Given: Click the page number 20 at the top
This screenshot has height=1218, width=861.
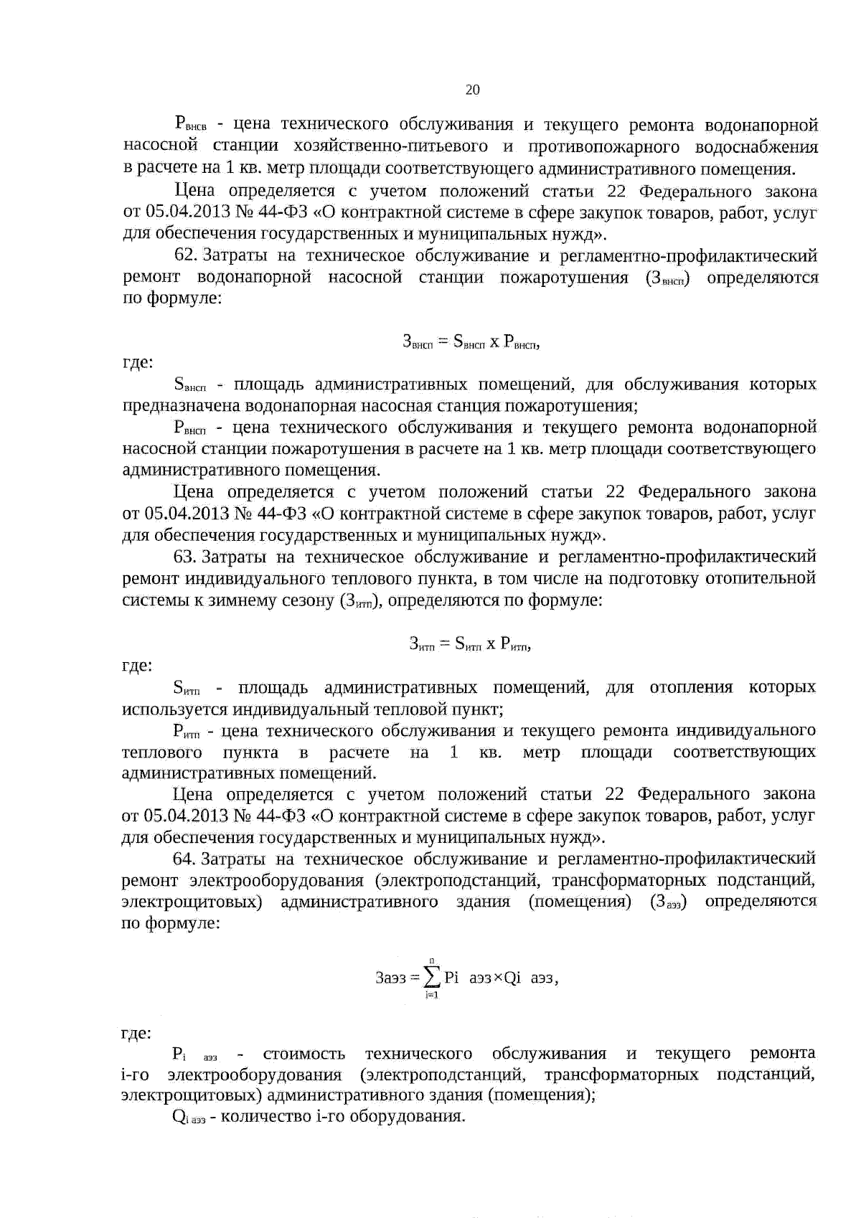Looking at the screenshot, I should [x=472, y=90].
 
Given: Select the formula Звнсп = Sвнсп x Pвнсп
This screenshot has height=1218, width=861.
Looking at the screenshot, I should [x=471, y=342].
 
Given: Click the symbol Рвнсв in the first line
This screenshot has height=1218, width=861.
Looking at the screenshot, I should [x=190, y=126].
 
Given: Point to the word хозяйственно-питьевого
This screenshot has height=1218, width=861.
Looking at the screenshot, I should [x=390, y=147].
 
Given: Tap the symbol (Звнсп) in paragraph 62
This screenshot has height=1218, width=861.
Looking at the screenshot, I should [x=668, y=278].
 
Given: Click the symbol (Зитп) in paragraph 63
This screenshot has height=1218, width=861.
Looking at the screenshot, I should [x=358, y=600].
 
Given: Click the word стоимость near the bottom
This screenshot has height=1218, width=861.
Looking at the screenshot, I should [x=304, y=1054].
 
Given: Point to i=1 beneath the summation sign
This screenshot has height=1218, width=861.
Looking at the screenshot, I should [x=431, y=995].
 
